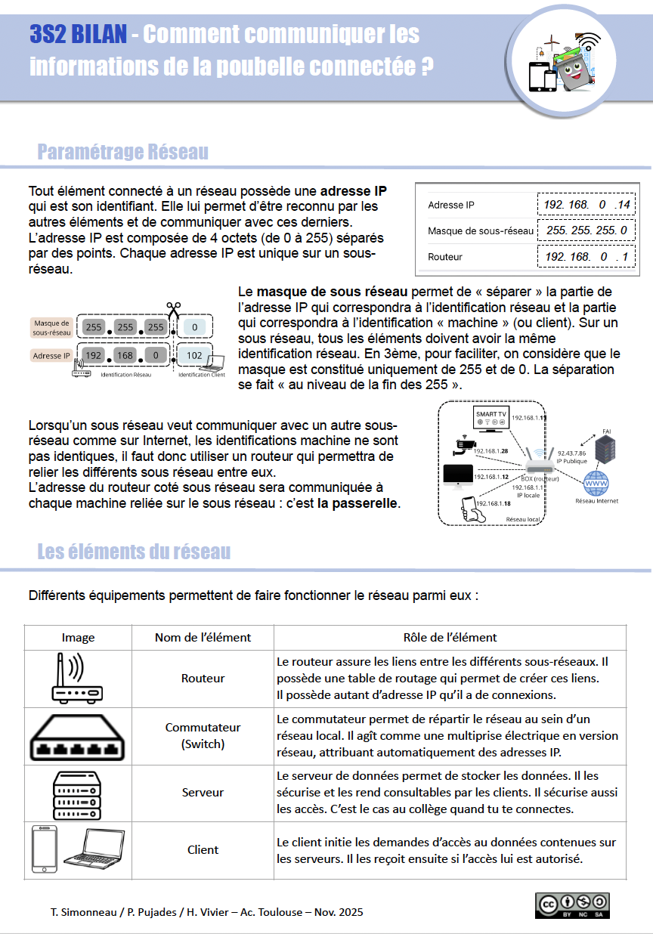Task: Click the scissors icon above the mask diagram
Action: point(173,308)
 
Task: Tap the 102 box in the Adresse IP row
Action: point(194,355)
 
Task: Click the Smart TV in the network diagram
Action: point(491,419)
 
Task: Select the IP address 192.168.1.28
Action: point(492,451)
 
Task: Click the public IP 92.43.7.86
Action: point(571,453)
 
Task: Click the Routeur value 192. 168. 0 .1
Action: point(586,257)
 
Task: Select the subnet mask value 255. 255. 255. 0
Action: point(586,230)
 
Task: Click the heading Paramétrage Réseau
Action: point(123,152)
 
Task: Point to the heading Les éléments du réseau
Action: point(134,552)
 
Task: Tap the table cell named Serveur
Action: point(203,792)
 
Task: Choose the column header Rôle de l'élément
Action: point(450,637)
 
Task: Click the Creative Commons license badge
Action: point(572,905)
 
